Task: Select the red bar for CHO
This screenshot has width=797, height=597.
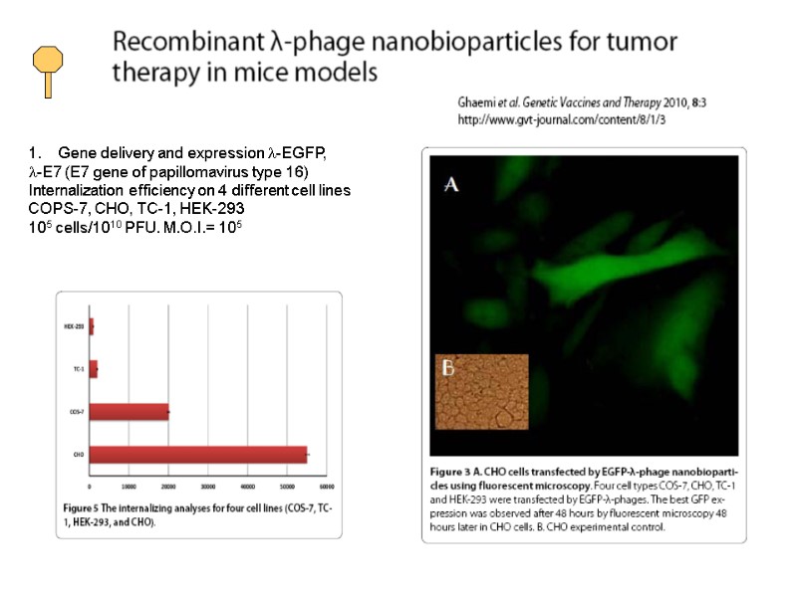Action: [198, 455]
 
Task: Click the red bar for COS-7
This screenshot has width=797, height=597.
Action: [130, 412]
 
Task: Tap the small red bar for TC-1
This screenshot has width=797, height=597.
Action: [94, 369]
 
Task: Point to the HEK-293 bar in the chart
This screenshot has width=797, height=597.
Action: [92, 326]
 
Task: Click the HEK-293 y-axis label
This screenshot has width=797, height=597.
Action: [73, 326]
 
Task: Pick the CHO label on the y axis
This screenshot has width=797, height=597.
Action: [78, 455]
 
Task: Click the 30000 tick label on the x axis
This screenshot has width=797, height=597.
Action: [207, 487]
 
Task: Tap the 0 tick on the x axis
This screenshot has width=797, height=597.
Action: [91, 487]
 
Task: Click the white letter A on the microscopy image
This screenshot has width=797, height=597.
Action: [451, 185]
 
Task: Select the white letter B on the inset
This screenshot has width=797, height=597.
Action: [448, 369]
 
